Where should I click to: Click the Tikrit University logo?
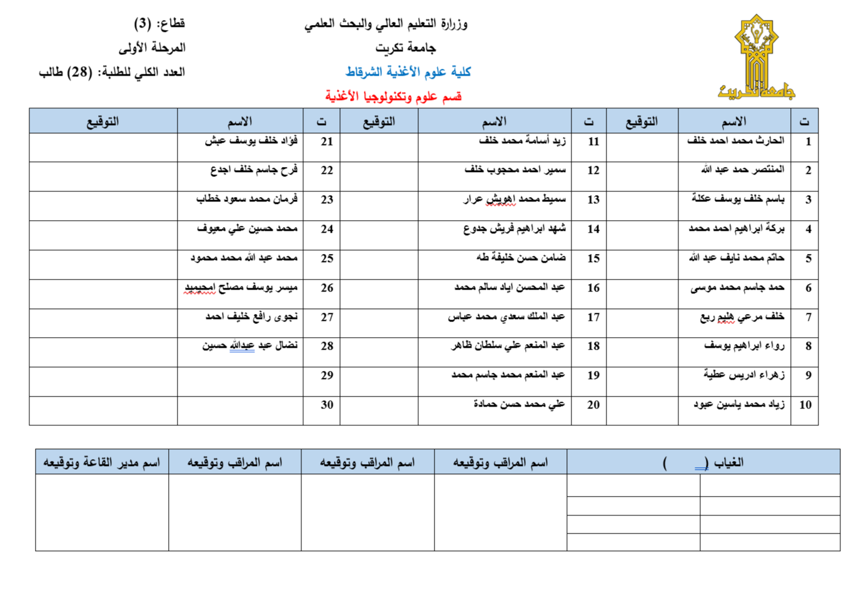[x=756, y=58]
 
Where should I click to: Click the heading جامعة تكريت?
[x=405, y=48]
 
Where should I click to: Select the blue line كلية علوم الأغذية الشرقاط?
[x=408, y=72]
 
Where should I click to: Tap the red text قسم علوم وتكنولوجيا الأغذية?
[x=393, y=96]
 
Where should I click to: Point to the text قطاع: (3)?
[x=159, y=24]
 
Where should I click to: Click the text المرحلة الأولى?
[x=152, y=48]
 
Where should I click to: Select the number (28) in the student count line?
[x=79, y=72]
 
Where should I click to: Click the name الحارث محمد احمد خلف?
[x=735, y=141]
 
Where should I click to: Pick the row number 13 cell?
[x=593, y=200]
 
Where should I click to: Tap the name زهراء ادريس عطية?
[x=743, y=375]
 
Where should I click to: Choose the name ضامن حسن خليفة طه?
[x=520, y=258]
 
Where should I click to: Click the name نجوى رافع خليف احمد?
[x=251, y=317]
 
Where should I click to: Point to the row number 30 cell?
[x=326, y=405]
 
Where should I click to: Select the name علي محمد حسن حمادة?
[x=519, y=404]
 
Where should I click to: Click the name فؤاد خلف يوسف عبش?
[x=251, y=141]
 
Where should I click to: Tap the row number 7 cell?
[x=808, y=317]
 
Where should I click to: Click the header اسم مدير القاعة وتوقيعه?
[x=101, y=462]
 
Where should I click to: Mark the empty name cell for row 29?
[x=240, y=375]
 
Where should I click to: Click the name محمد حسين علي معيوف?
[x=247, y=229]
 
